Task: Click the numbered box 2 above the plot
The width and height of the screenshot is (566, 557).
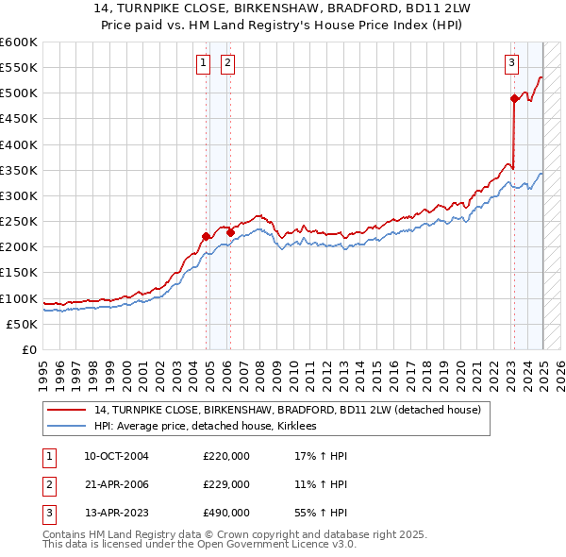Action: tap(228, 63)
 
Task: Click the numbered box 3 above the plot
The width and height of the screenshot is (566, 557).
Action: tap(511, 63)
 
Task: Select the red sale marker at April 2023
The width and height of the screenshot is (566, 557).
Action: tap(514, 98)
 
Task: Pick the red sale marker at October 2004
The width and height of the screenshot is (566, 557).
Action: tap(206, 236)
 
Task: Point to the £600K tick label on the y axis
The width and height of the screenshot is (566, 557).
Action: tap(19, 42)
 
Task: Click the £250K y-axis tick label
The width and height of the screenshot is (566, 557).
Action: tap(19, 221)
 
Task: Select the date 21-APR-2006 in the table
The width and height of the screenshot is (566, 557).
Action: tap(116, 484)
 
